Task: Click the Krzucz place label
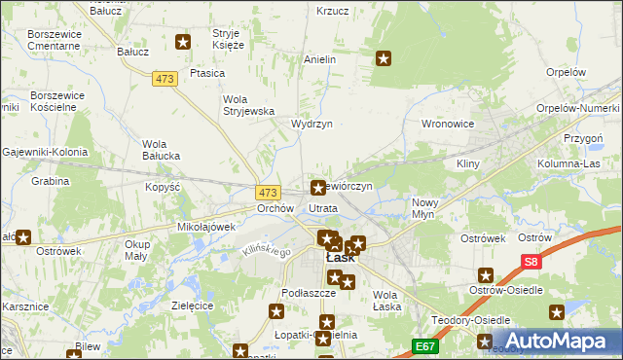point(332,11)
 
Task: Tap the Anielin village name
point(319,59)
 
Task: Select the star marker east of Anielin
point(384,59)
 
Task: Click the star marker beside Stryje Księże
point(182,41)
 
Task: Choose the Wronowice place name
point(447,125)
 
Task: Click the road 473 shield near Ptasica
point(165,79)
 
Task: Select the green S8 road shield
point(530,262)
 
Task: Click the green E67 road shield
point(424,345)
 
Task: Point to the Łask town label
point(339,259)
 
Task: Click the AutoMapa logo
point(559,341)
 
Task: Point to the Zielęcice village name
point(192,305)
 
